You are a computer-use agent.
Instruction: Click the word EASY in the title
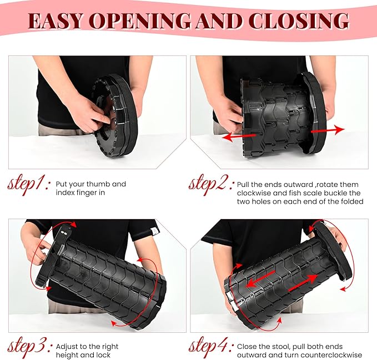[57, 21]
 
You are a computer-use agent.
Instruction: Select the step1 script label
[29, 185]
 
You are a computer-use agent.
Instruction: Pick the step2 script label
[212, 185]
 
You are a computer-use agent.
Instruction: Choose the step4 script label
[212, 347]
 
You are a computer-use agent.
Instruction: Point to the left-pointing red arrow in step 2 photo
[239, 137]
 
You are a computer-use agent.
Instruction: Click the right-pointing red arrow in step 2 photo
[328, 130]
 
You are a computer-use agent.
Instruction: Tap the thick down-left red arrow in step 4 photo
[260, 280]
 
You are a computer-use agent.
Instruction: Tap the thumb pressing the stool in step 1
[104, 118]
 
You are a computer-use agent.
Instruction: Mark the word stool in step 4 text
[285, 347]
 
